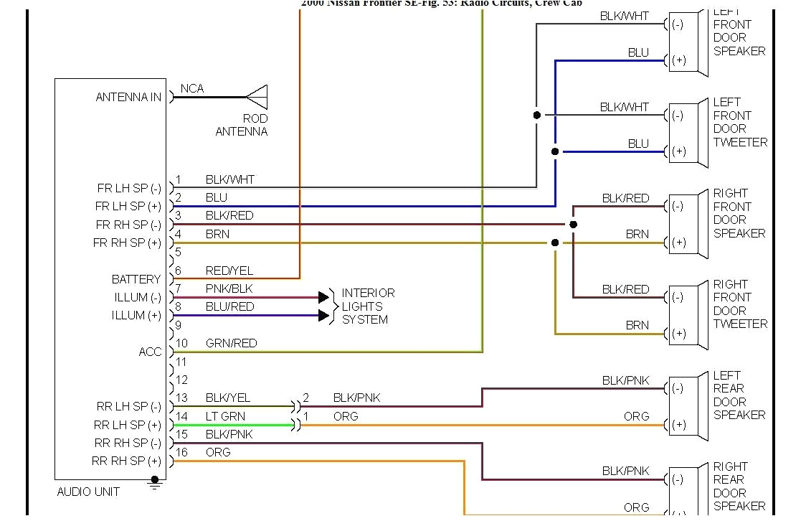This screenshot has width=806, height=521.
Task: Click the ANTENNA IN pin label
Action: (x=129, y=97)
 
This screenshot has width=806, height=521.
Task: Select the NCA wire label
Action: (x=192, y=88)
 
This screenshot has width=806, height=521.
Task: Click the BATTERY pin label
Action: (x=136, y=279)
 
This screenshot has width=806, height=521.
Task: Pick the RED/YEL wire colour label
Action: (x=229, y=271)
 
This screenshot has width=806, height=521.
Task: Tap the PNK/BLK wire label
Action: (x=229, y=288)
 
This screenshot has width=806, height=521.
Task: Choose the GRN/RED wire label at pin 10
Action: (x=231, y=343)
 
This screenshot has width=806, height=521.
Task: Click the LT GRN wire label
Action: (x=225, y=416)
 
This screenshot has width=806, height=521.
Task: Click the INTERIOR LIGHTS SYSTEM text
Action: (x=368, y=306)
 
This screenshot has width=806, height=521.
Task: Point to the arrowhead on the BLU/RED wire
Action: (x=324, y=315)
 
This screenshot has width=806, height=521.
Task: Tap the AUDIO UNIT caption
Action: (x=88, y=492)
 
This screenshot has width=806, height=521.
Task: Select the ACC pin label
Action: (x=150, y=352)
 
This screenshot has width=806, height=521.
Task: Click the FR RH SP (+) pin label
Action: (x=128, y=243)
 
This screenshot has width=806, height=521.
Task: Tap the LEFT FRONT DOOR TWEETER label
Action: (x=739, y=122)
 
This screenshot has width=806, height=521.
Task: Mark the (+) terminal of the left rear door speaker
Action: (x=678, y=425)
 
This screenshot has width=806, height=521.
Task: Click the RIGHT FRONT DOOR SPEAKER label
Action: (x=739, y=213)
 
